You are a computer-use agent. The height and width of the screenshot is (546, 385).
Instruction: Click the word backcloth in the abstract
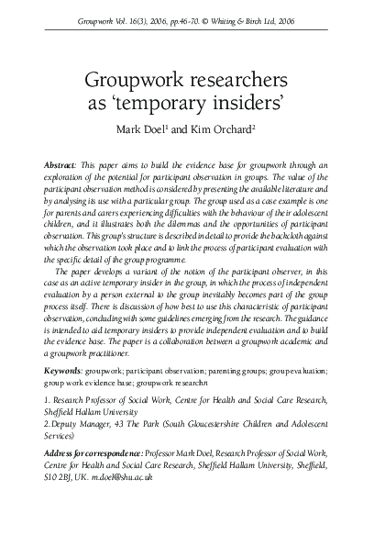pos(280,247)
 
